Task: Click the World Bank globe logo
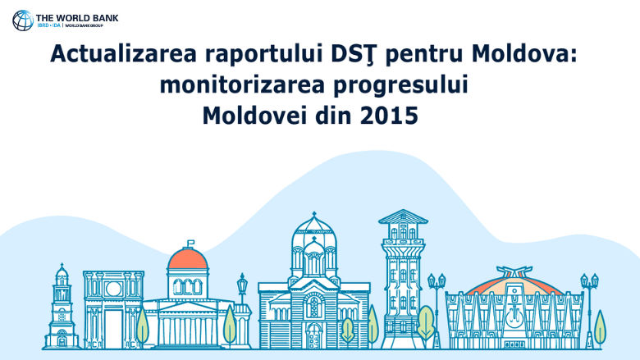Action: tap(23, 20)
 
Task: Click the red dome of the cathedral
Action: tap(188, 262)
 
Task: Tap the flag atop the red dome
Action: tap(190, 243)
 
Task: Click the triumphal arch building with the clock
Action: tap(113, 308)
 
